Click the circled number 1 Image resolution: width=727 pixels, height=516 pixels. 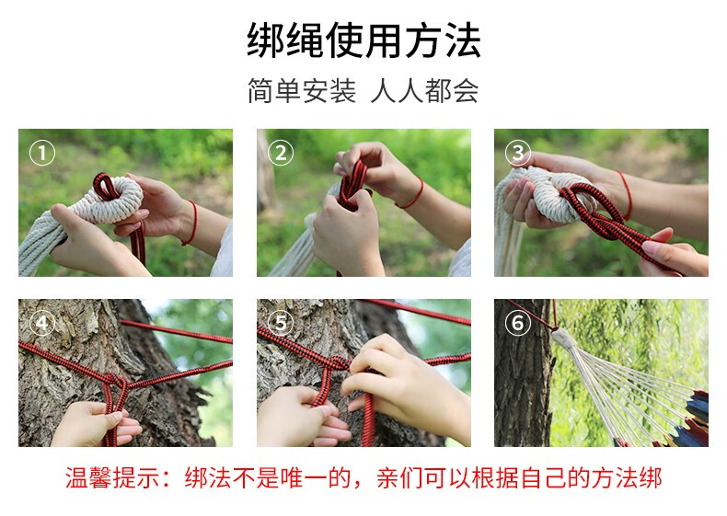pyautogui.click(x=42, y=153)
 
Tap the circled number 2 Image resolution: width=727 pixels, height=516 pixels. pyautogui.click(x=281, y=153)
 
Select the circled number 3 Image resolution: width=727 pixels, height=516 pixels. pyautogui.click(x=518, y=153)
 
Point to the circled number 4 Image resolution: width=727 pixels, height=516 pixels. pyautogui.click(x=42, y=323)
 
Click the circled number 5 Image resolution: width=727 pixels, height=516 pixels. pyautogui.click(x=281, y=323)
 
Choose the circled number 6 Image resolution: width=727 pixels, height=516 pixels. pyautogui.click(x=518, y=323)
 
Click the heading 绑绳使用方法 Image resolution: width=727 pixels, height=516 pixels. pyautogui.click(x=363, y=40)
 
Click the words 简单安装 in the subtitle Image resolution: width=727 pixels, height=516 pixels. pyautogui.click(x=302, y=90)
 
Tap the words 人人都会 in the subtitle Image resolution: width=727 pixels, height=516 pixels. pyautogui.click(x=425, y=90)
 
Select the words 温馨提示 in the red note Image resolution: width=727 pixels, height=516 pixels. pyautogui.click(x=112, y=478)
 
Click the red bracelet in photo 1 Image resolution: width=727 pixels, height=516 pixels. pyautogui.click(x=192, y=223)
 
